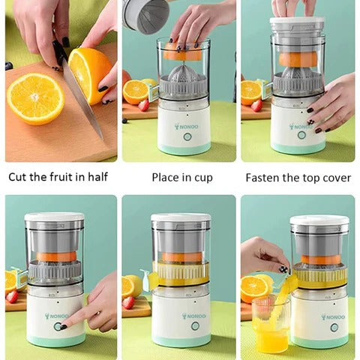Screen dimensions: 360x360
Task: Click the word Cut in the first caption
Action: coord(19,178)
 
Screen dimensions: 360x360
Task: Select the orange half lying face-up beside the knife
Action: coord(34,97)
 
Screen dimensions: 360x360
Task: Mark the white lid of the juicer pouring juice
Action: coord(319,221)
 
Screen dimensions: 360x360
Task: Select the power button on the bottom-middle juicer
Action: coord(195,326)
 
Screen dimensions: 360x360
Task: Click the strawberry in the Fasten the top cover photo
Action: coord(257,105)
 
